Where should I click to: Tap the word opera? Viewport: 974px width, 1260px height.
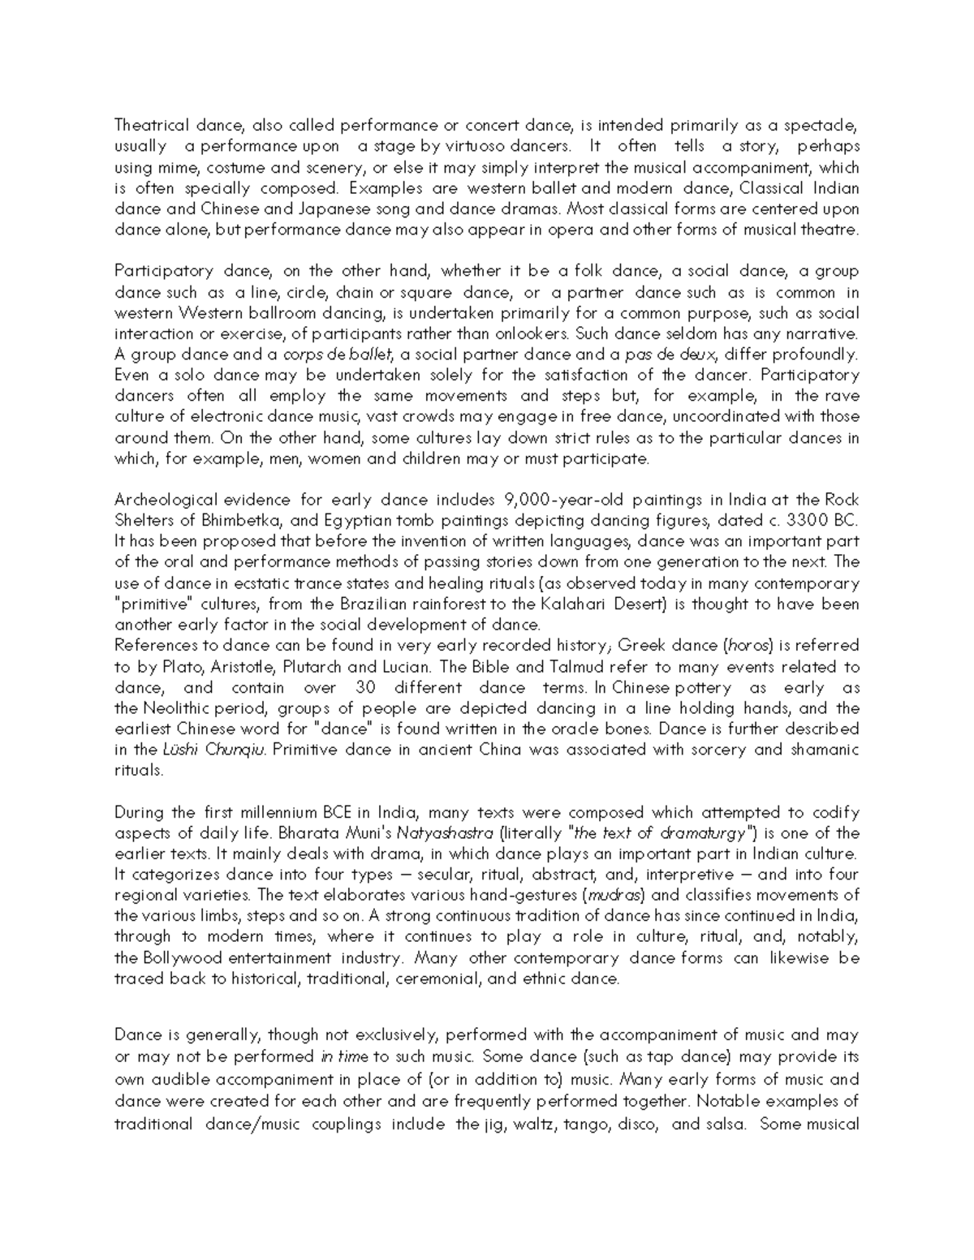tap(573, 230)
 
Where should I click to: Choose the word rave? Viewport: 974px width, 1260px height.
tap(841, 396)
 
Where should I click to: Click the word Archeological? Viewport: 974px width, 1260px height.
tap(166, 500)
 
